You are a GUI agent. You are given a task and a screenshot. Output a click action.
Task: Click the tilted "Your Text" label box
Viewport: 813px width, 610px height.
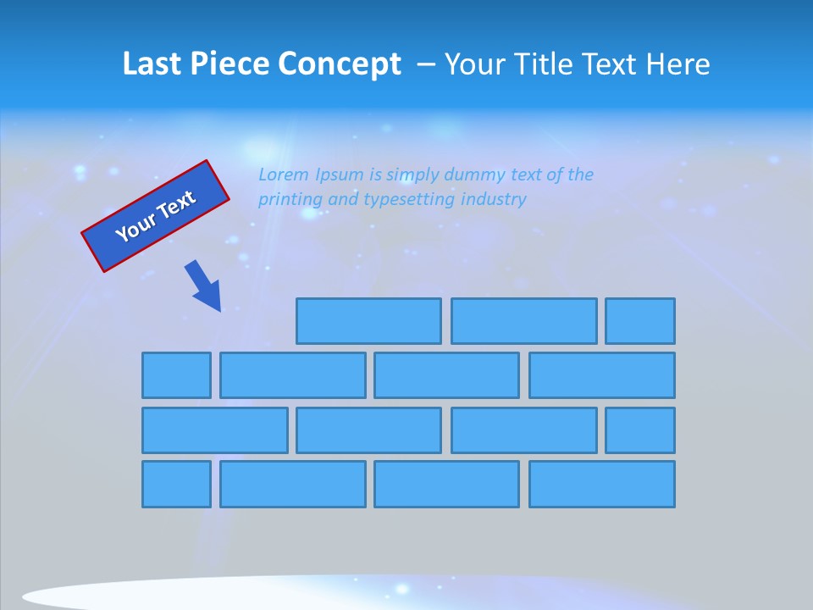[156, 216]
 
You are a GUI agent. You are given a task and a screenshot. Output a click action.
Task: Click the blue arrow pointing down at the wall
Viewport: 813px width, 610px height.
[203, 286]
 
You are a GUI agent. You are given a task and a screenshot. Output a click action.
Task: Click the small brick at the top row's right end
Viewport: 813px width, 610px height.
[640, 321]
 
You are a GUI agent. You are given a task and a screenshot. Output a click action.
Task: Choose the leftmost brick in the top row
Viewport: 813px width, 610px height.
[368, 321]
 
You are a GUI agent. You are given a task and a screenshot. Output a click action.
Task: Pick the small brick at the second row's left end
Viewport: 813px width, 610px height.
[176, 375]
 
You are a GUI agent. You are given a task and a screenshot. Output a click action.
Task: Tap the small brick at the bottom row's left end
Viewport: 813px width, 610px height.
[176, 485]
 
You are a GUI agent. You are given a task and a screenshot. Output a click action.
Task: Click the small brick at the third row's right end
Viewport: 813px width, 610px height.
[640, 430]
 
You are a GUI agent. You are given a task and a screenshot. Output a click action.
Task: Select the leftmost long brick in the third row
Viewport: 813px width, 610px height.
[214, 430]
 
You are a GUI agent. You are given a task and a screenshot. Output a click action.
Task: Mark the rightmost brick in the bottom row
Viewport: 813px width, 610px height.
[602, 485]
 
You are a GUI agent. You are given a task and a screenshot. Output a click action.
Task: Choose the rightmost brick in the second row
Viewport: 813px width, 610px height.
[602, 375]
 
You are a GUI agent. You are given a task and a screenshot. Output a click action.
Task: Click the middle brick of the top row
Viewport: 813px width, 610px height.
[523, 321]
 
